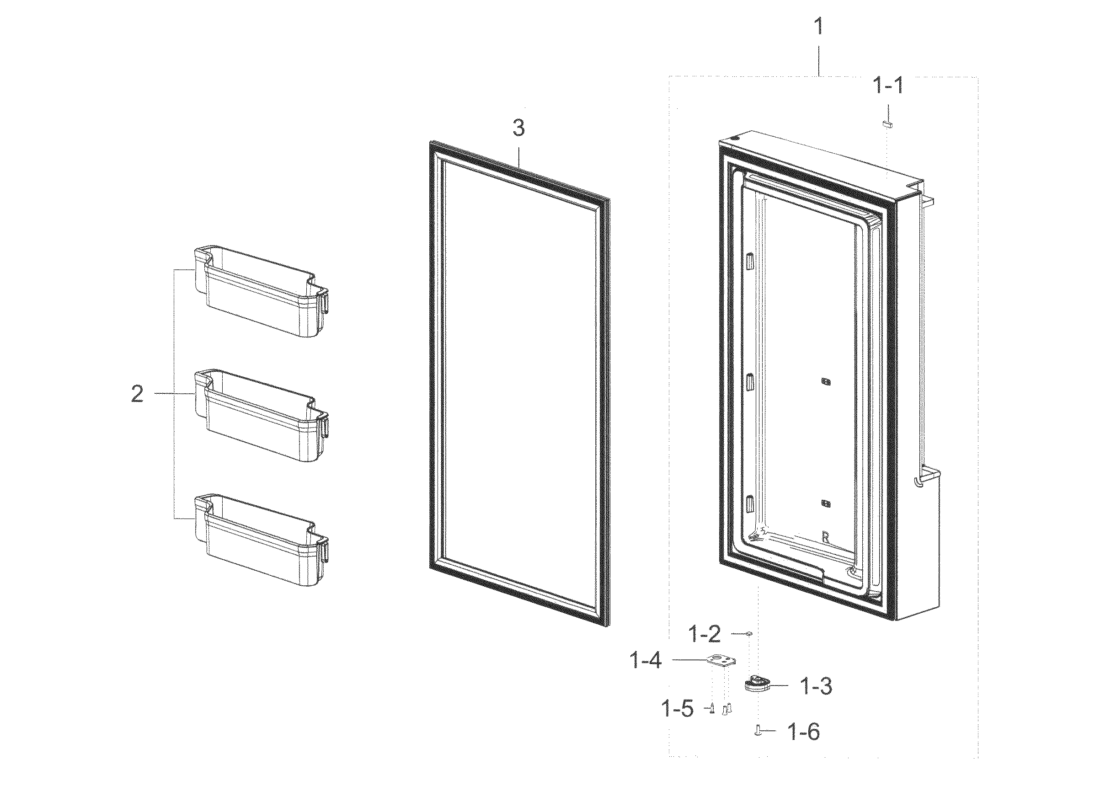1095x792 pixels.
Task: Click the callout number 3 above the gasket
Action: click(518, 128)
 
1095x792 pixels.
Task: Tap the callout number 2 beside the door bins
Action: click(138, 394)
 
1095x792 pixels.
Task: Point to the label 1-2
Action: click(704, 634)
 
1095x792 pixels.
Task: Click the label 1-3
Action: click(817, 686)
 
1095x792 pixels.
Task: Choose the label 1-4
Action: click(646, 660)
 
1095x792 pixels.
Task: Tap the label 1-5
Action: click(677, 709)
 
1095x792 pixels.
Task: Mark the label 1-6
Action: click(803, 732)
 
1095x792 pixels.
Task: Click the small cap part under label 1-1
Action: click(887, 124)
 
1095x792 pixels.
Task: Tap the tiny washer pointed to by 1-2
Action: click(749, 633)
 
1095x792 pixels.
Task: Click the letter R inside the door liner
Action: click(826, 536)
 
